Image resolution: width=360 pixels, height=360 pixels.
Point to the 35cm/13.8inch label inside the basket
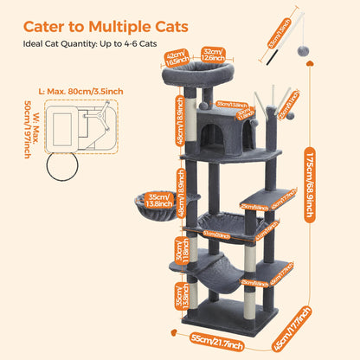click(x=158, y=200)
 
